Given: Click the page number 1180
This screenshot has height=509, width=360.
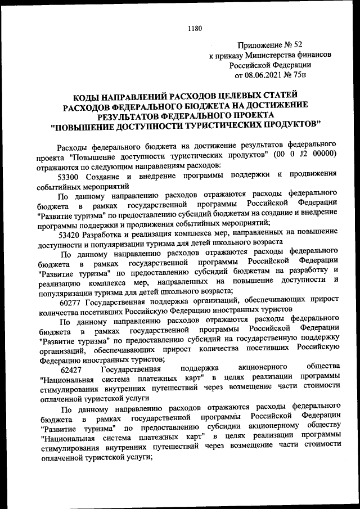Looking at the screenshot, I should click(x=194, y=28).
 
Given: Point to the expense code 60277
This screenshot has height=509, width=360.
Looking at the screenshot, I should click(x=70, y=300).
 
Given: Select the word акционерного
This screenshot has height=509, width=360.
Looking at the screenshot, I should click(x=260, y=368).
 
